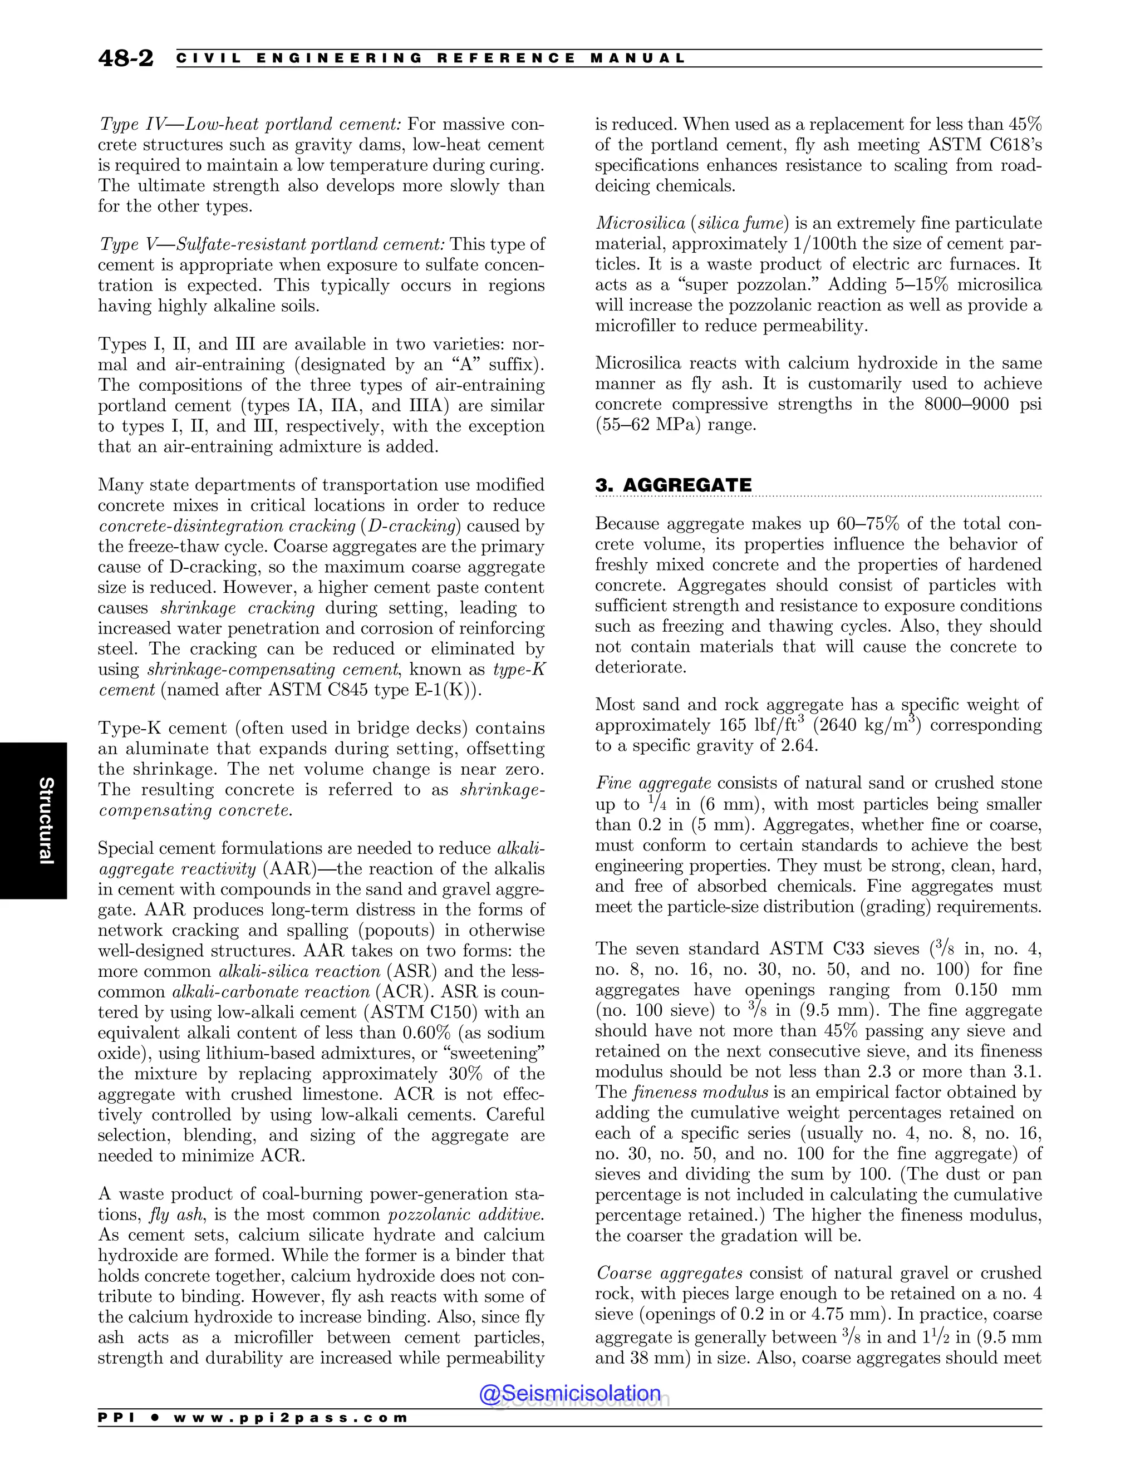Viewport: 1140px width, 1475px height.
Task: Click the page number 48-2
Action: pyautogui.click(x=126, y=59)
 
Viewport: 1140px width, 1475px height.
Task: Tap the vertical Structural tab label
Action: pyautogui.click(x=45, y=820)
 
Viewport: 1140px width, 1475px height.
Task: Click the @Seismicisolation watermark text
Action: pyautogui.click(x=569, y=1393)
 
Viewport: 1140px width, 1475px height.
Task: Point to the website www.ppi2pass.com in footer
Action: pyautogui.click(x=291, y=1418)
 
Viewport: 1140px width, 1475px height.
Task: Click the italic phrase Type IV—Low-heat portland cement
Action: pyautogui.click(x=250, y=124)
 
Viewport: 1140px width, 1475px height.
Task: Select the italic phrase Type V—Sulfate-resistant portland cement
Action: pyautogui.click(x=272, y=244)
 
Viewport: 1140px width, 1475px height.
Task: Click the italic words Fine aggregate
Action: pyautogui.click(x=653, y=784)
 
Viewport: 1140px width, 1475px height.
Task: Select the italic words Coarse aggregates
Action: pyautogui.click(x=669, y=1273)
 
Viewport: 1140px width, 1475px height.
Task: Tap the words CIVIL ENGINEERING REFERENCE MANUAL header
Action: pyautogui.click(x=430, y=59)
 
